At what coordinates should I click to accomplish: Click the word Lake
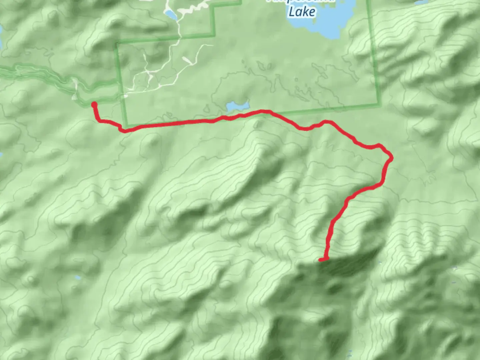302,12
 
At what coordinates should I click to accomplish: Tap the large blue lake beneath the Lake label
320,27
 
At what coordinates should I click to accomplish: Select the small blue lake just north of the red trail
237,107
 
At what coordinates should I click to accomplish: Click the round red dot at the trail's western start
94,105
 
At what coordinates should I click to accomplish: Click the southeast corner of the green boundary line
380,106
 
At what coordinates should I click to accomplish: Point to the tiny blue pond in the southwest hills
77,277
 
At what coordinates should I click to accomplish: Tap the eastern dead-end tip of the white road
212,45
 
